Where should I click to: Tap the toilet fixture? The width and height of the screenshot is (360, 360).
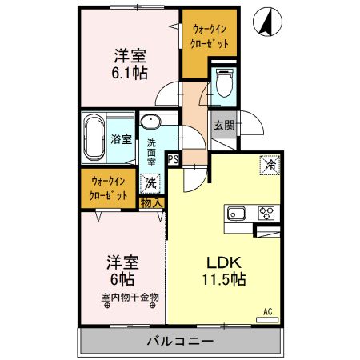[223, 82]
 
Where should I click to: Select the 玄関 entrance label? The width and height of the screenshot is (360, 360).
[223, 125]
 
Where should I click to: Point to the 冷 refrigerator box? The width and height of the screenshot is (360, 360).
[270, 166]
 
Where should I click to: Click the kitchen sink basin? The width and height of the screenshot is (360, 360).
[238, 212]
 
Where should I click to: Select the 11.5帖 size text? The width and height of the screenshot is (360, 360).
[225, 281]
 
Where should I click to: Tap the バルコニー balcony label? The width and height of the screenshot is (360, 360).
[179, 342]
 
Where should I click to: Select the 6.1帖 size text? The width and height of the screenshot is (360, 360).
[128, 72]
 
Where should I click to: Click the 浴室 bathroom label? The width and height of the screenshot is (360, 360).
[122, 138]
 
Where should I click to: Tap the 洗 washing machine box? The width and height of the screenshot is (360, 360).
[150, 182]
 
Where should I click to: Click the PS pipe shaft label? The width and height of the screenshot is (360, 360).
[173, 158]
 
